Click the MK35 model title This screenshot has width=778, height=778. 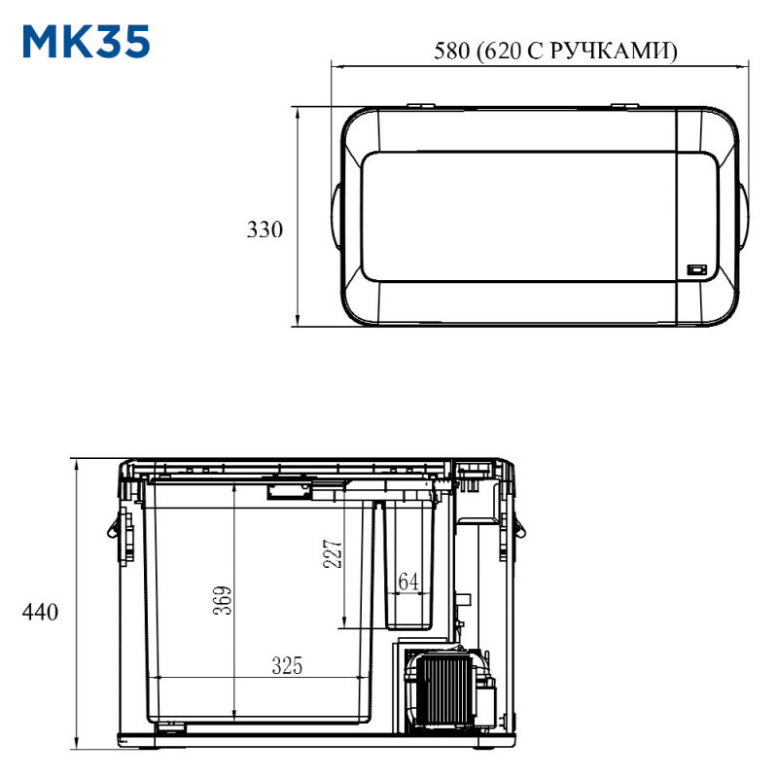click(87, 42)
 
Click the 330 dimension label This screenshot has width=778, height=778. click(265, 230)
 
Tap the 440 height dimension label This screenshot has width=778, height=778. click(40, 612)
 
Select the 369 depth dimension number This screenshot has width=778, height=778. click(223, 600)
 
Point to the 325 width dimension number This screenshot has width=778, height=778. click(287, 665)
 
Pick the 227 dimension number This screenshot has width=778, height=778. click(333, 553)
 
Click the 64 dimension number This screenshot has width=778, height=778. click(408, 582)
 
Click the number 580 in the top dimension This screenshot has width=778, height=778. click(451, 51)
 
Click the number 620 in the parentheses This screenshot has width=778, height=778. click(502, 51)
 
